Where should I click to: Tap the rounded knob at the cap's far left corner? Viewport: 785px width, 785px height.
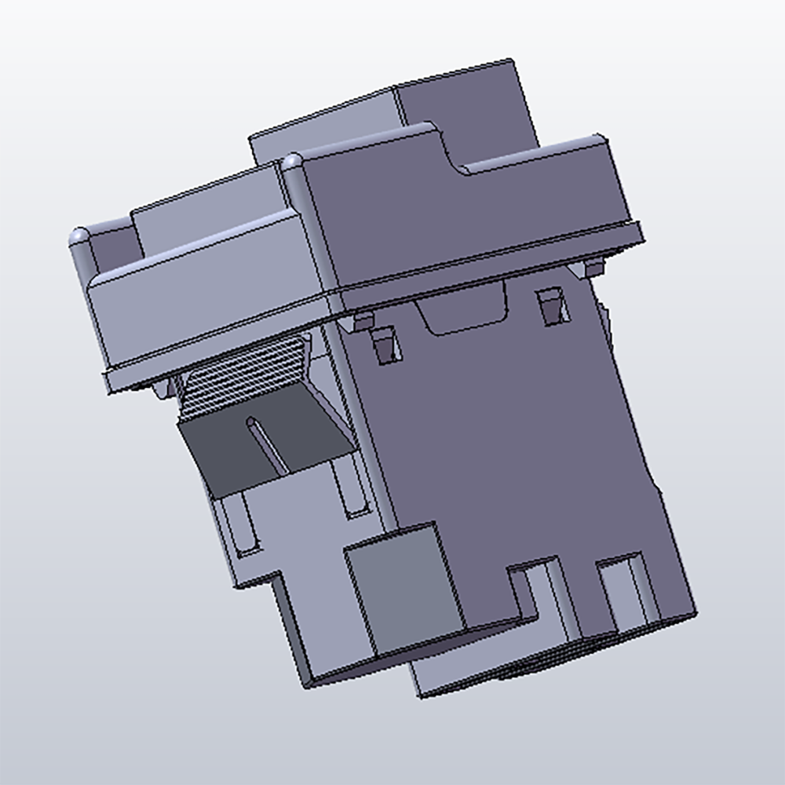pyautogui.click(x=79, y=235)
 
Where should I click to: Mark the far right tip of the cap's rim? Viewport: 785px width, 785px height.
pyautogui.click(x=640, y=232)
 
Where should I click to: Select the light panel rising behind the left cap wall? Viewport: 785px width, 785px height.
pyautogui.click(x=204, y=200)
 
